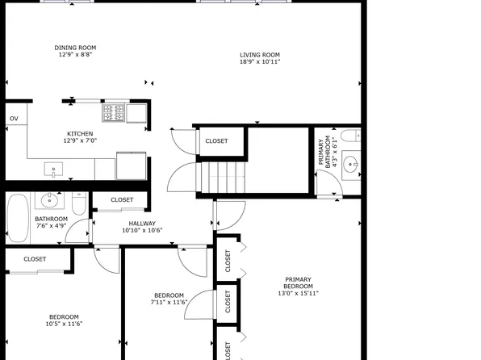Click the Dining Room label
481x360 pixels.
pyautogui.click(x=75, y=48)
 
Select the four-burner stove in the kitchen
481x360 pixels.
pyautogui.click(x=114, y=112)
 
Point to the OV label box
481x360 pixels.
pyautogui.click(x=14, y=119)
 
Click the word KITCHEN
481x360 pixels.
pyautogui.click(x=79, y=134)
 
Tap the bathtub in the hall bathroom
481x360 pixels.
pyautogui.click(x=16, y=217)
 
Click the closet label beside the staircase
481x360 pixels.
pyautogui.click(x=216, y=141)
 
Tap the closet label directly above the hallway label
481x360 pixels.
pyautogui.click(x=122, y=199)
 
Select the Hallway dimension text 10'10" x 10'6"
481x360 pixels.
pyautogui.click(x=142, y=231)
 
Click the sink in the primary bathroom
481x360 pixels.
pyautogui.click(x=351, y=165)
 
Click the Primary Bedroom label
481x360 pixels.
pyautogui.click(x=298, y=283)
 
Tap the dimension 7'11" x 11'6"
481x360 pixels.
pyautogui.click(x=169, y=303)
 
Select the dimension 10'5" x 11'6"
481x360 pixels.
pyautogui.click(x=64, y=324)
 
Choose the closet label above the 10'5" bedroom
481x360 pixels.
pyautogui.click(x=35, y=259)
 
